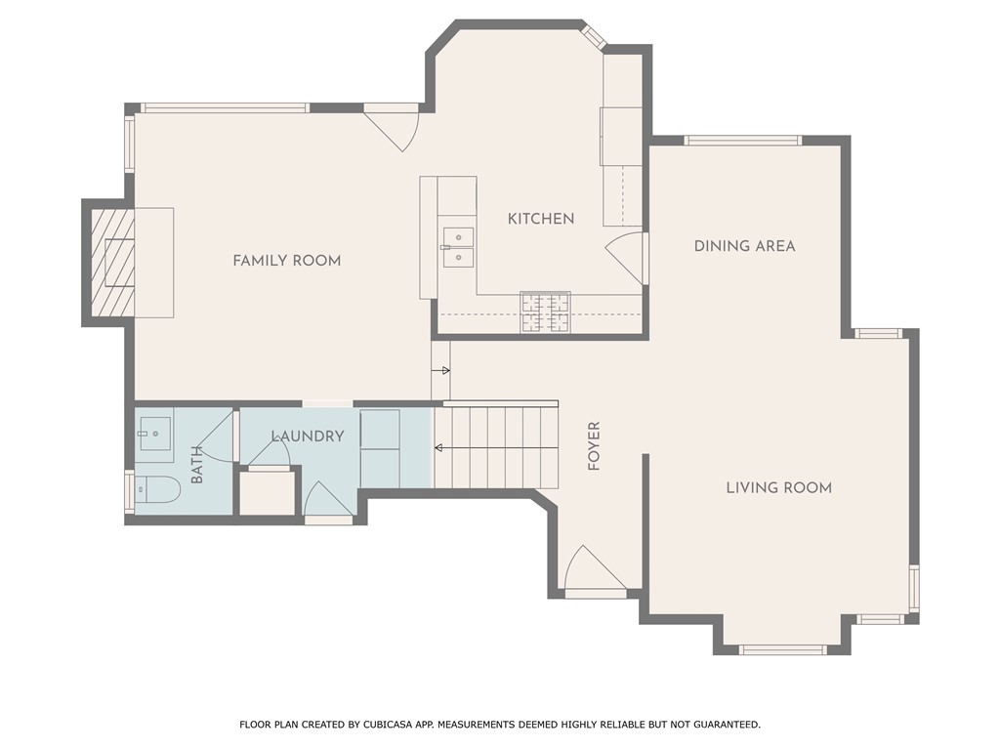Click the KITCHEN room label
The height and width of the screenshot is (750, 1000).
click(x=541, y=219)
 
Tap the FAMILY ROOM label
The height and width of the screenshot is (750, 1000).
click(x=286, y=260)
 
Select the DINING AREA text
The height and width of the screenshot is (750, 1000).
click(x=744, y=245)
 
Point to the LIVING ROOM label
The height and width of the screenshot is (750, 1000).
click(x=778, y=488)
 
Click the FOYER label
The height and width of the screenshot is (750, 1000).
click(x=594, y=445)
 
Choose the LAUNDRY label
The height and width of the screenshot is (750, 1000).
click(x=308, y=437)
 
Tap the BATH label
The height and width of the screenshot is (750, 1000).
click(x=197, y=465)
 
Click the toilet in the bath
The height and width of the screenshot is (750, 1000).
click(x=158, y=489)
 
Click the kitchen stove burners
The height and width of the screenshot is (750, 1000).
click(x=545, y=312)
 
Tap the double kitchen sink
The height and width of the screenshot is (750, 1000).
click(x=459, y=247)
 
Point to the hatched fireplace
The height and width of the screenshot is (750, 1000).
click(x=113, y=262)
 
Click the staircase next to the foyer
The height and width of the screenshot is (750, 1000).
click(x=495, y=446)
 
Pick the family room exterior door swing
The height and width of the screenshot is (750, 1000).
click(x=391, y=132)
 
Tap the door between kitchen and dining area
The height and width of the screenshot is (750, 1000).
click(x=625, y=258)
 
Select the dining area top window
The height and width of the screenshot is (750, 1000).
click(x=743, y=141)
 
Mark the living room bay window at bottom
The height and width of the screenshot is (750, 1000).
click(x=783, y=649)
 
